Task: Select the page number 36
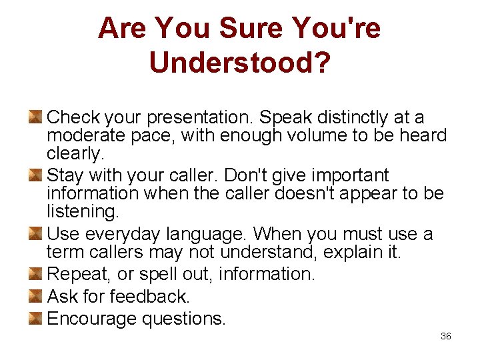point(446,336)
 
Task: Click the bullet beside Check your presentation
point(36,117)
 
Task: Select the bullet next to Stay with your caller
point(36,175)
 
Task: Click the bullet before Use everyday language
point(36,234)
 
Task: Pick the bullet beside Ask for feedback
point(36,296)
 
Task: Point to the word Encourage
point(91,319)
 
